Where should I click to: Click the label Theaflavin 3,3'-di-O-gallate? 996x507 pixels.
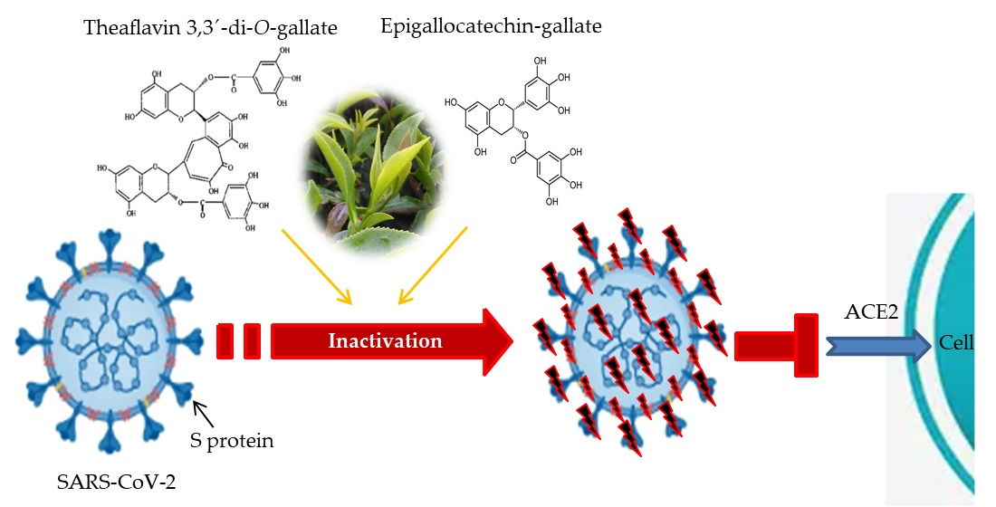pyautogui.click(x=211, y=29)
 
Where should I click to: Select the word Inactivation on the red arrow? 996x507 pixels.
pyautogui.click(x=385, y=341)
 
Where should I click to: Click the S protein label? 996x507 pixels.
pyautogui.click(x=235, y=441)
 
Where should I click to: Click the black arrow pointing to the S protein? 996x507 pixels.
pyautogui.click(x=206, y=413)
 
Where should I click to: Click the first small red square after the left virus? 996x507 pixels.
pyautogui.click(x=226, y=341)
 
